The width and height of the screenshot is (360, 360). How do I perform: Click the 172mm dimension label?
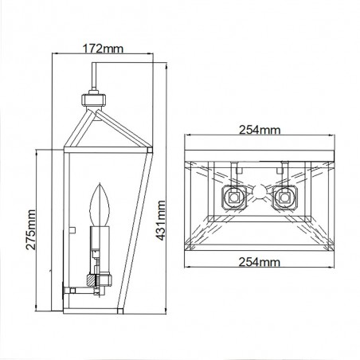tap(103, 49)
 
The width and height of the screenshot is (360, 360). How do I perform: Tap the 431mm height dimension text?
tap(160, 221)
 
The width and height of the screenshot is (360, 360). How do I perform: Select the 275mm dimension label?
tap(31, 229)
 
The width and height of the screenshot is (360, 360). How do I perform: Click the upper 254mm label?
tap(260, 130)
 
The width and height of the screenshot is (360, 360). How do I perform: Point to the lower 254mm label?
tap(259, 262)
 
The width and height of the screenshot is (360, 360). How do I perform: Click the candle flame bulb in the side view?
tap(100, 205)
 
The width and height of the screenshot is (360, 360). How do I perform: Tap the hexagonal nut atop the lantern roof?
tap(93, 100)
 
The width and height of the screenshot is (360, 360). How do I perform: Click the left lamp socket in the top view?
tap(234, 198)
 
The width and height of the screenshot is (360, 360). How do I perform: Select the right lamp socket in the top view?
tap(284, 198)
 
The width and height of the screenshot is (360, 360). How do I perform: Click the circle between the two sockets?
tap(260, 193)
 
